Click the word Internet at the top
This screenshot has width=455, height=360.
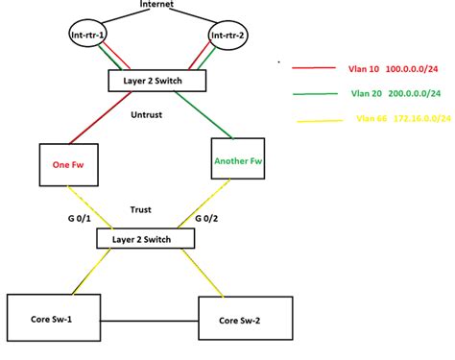click(156, 6)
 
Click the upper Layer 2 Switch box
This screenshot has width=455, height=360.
click(156, 81)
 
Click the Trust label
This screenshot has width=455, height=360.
click(140, 209)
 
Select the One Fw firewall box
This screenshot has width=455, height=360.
click(70, 165)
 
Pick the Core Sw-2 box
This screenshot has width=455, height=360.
click(245, 319)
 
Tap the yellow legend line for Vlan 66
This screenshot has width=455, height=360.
click(312, 121)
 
